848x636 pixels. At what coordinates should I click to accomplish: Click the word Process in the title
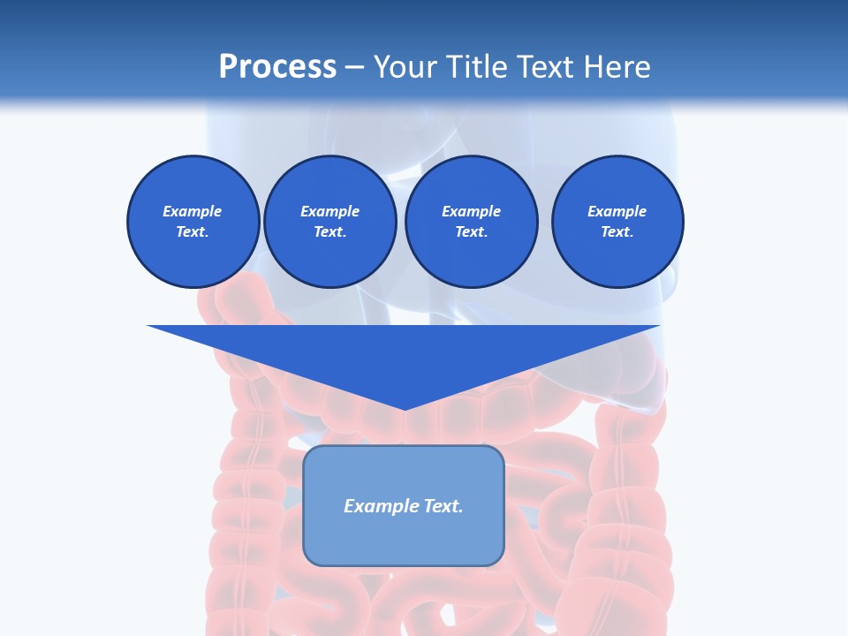(277, 67)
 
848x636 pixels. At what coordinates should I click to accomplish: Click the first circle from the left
(193, 222)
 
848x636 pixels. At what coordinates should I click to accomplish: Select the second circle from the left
(329, 222)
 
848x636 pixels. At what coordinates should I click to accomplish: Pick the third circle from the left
(471, 222)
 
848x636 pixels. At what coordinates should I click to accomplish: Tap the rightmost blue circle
(617, 222)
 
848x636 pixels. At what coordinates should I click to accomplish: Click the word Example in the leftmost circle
(193, 211)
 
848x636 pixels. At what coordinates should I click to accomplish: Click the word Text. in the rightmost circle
(617, 232)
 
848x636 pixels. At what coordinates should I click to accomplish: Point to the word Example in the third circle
(471, 211)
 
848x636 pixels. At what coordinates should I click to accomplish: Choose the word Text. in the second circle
(329, 232)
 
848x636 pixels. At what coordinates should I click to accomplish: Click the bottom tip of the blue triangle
(404, 408)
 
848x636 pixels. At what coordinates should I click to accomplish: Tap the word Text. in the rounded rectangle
(444, 506)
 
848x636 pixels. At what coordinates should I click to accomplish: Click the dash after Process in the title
(354, 67)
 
